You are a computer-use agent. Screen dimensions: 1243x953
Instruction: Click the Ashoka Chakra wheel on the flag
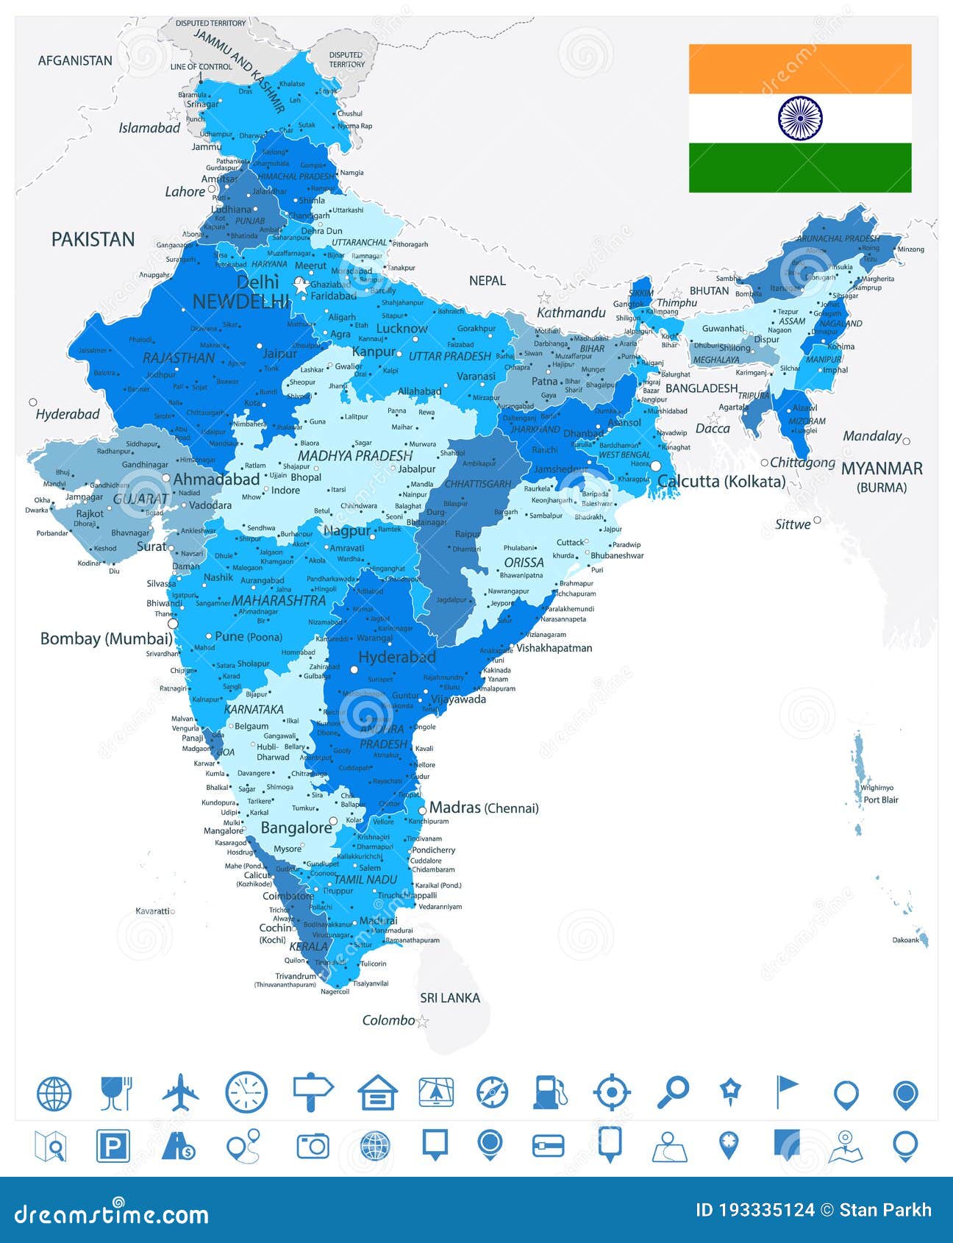click(800, 118)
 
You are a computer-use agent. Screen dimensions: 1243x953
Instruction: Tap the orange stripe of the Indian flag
click(800, 68)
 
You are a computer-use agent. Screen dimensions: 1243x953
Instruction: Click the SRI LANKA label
click(450, 998)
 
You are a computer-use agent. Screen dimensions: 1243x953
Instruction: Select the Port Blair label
click(881, 800)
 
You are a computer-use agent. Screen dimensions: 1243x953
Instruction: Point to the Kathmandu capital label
click(571, 313)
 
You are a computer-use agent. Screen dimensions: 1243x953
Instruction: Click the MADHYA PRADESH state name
click(355, 456)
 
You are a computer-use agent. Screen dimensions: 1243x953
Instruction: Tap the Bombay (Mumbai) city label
click(107, 638)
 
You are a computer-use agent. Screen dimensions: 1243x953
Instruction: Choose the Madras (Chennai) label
click(484, 808)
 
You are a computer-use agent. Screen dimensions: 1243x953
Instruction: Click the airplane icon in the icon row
click(181, 1092)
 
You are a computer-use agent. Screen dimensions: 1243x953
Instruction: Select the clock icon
click(246, 1092)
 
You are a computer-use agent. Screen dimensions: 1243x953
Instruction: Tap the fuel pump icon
click(550, 1092)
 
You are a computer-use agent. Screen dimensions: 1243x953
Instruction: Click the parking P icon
click(113, 1146)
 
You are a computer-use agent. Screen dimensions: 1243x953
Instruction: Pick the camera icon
click(313, 1146)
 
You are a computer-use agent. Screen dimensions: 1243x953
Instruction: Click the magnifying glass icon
click(673, 1092)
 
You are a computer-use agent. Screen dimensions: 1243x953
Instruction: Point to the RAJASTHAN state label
click(179, 358)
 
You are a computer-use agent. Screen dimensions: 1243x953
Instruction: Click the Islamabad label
click(149, 128)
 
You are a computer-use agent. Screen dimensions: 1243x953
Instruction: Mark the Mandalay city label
click(872, 436)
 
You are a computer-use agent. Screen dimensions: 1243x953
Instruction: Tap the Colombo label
click(389, 1020)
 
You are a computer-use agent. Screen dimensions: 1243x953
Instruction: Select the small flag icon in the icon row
click(786, 1091)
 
